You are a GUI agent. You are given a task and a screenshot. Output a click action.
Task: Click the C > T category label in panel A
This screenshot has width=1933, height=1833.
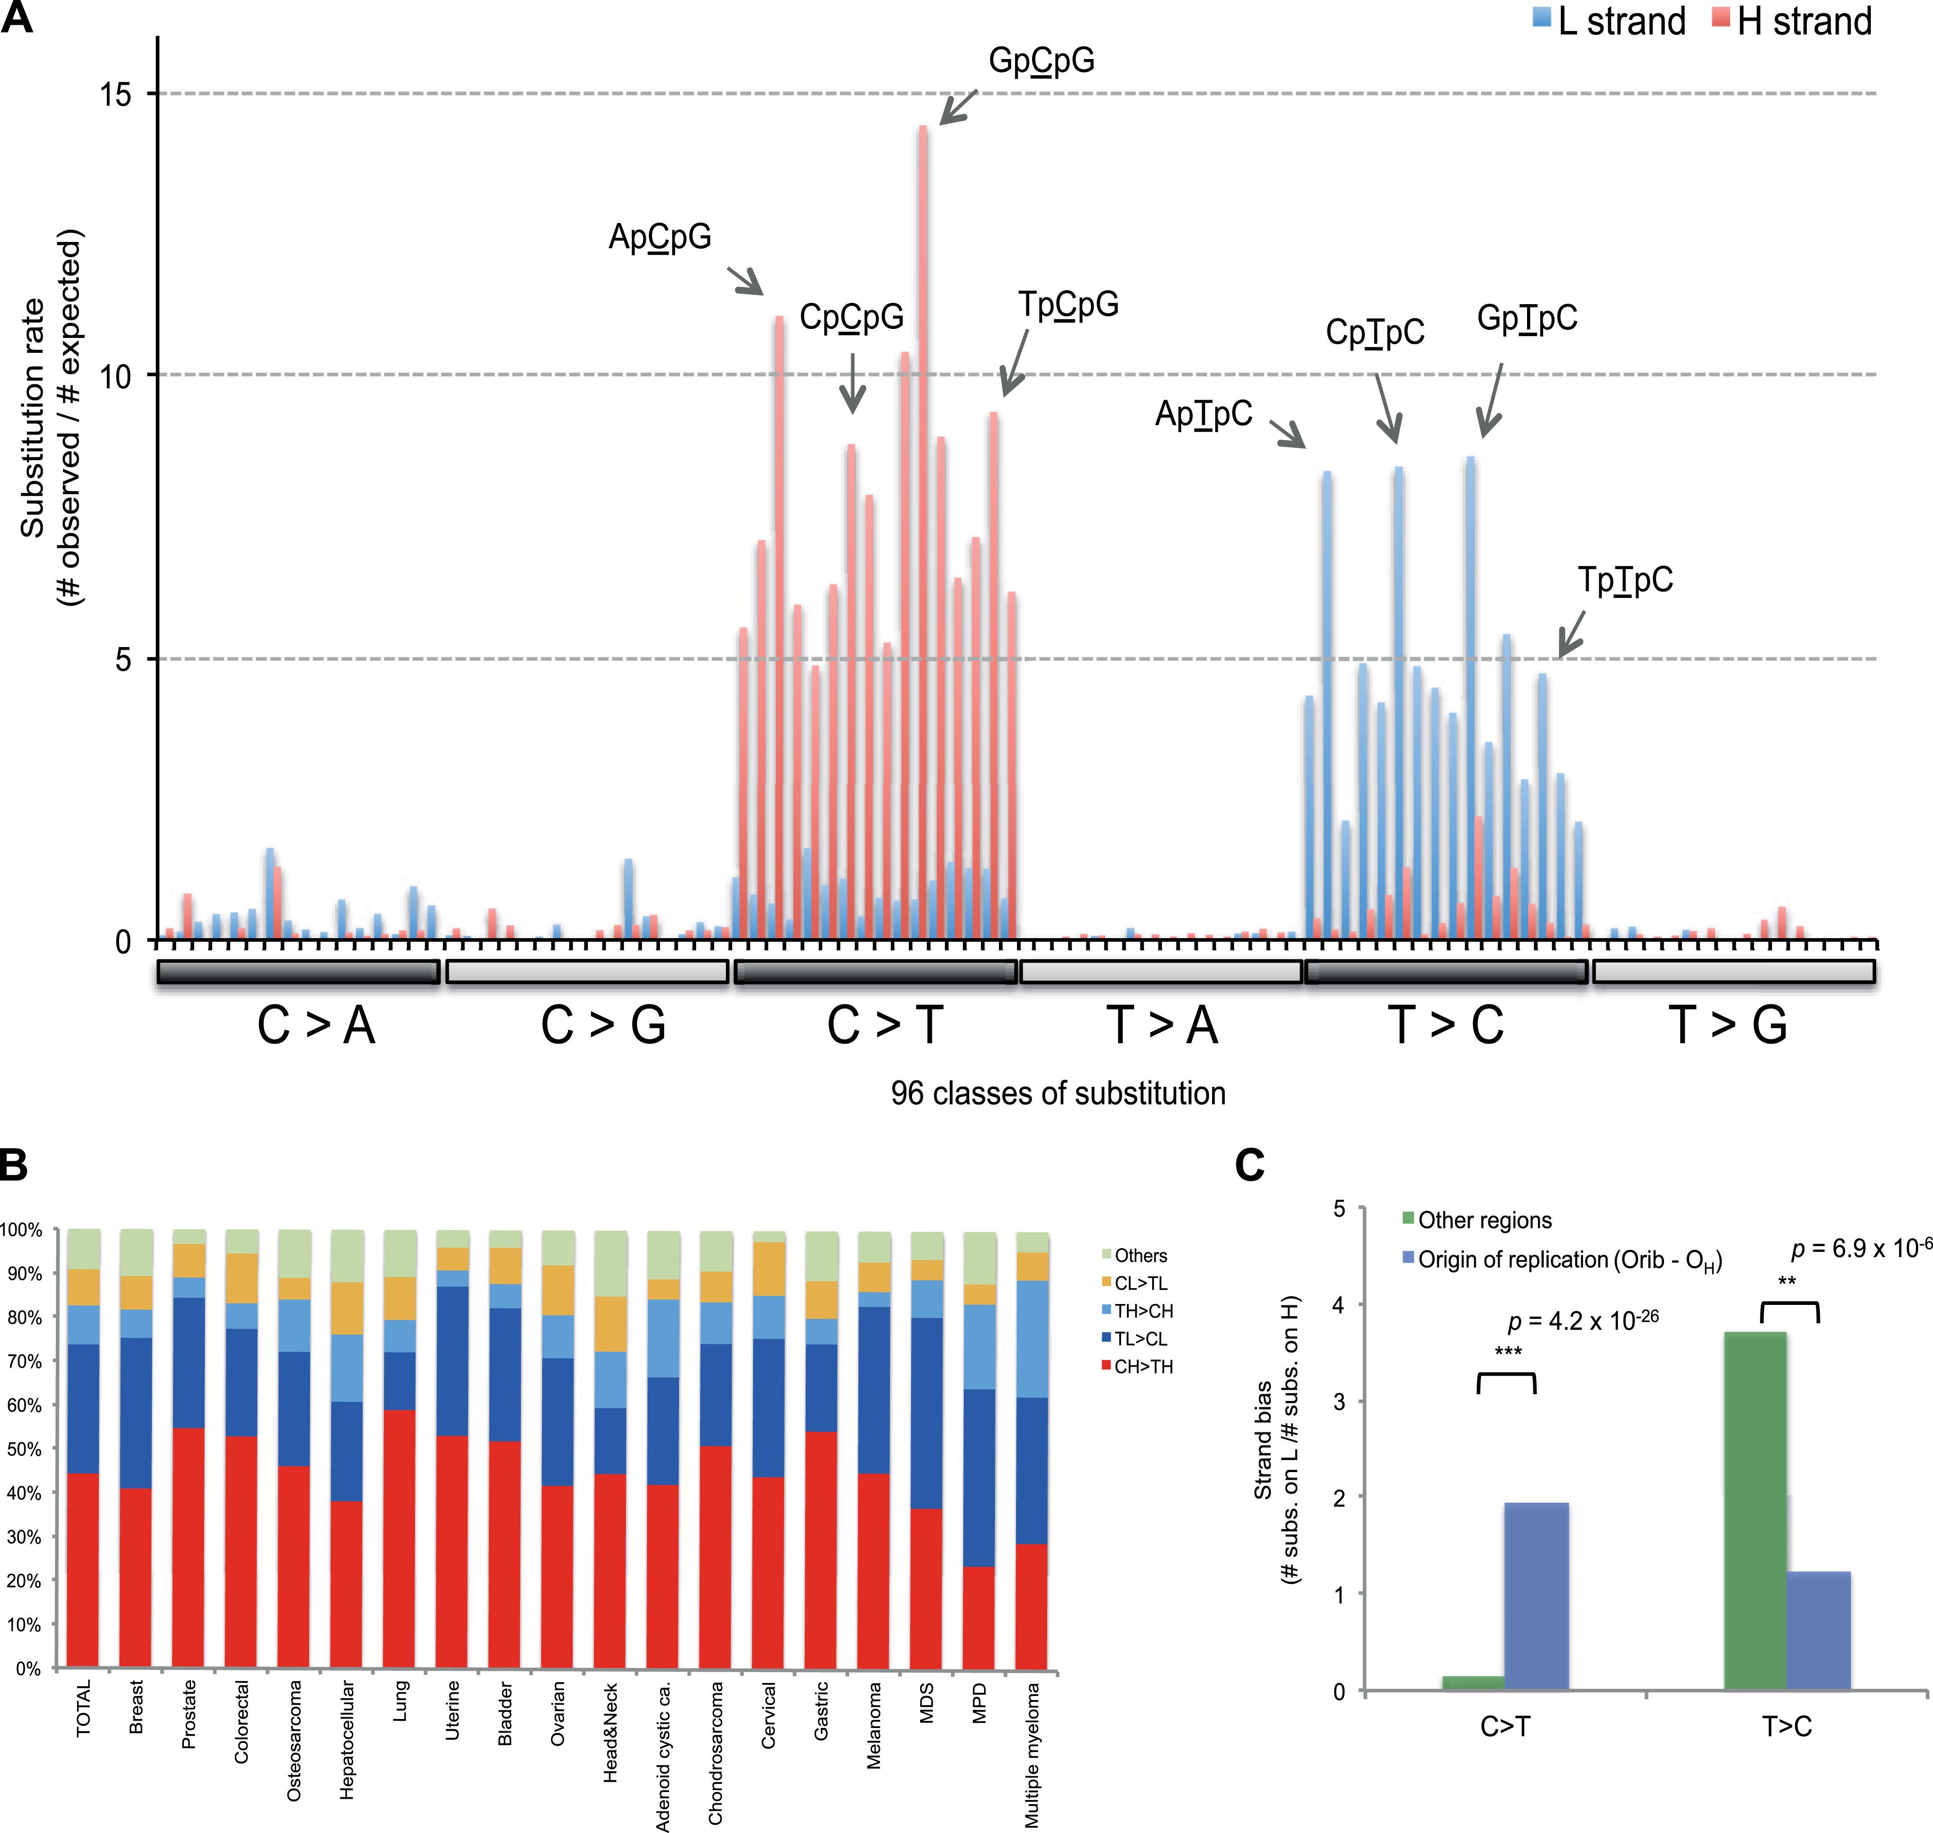pyautogui.click(x=884, y=1026)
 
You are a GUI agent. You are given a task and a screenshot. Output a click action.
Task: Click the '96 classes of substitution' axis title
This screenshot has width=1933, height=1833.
pyautogui.click(x=1058, y=1093)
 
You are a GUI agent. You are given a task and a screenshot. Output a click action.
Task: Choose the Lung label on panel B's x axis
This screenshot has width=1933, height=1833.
pyautogui.click(x=400, y=1701)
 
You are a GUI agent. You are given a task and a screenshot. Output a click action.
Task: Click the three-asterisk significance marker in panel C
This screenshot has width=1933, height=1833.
pyautogui.click(x=1508, y=1352)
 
